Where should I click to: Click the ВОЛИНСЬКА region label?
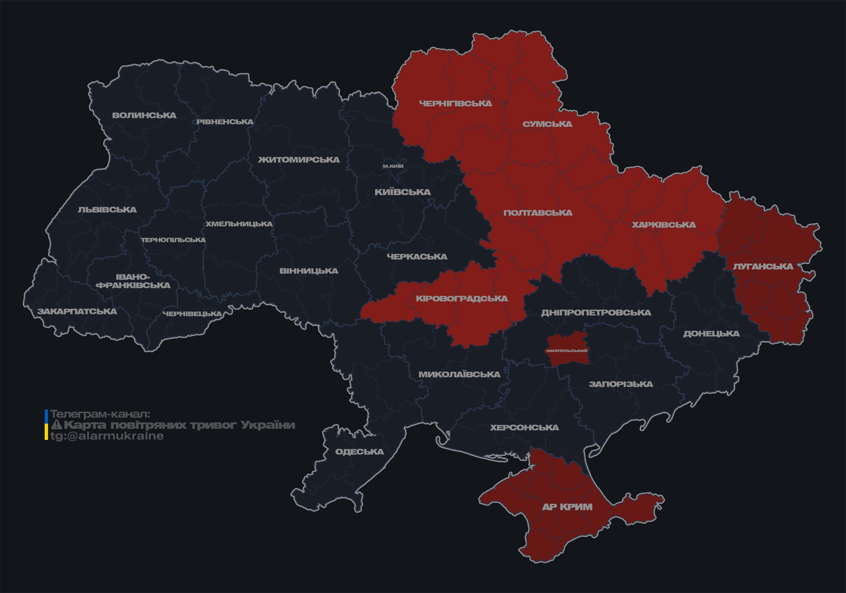tap(144, 115)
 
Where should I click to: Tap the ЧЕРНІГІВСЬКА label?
tap(455, 103)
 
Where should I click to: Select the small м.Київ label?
tap(393, 166)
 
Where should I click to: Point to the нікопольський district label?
tap(567, 351)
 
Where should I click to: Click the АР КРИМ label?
tap(567, 507)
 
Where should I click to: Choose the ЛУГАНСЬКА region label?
tap(763, 266)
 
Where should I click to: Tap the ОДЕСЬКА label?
tap(359, 452)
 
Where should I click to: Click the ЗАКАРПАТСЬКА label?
tap(77, 311)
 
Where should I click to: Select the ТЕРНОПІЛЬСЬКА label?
tap(173, 240)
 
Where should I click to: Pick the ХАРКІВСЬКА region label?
tap(664, 225)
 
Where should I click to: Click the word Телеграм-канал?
tap(100, 414)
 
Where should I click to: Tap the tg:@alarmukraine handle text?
tap(107, 436)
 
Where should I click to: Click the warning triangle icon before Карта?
tap(56, 425)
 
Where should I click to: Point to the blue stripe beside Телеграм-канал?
tap(46, 416)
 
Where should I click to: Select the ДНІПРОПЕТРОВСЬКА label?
tap(596, 313)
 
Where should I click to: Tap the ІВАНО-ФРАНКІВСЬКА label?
tap(133, 281)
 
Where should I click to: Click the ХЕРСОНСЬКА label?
tap(524, 427)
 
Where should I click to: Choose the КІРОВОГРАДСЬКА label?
tap(461, 298)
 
